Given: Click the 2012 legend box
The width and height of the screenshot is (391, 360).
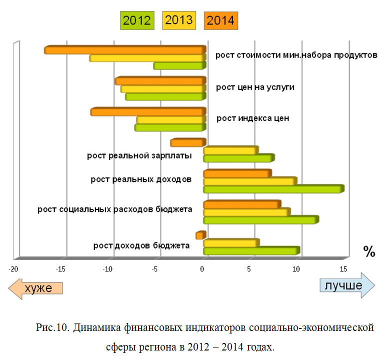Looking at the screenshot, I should (x=136, y=20).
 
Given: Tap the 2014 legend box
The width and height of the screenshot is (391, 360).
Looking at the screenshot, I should (x=221, y=20).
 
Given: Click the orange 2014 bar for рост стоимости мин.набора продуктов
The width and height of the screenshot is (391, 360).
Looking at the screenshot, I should (x=125, y=50).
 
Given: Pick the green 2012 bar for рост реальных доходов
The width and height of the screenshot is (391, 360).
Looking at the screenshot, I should (x=273, y=189).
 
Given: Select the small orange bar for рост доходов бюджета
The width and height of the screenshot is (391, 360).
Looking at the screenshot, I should (x=200, y=235).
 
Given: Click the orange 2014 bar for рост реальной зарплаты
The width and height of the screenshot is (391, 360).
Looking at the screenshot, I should (x=188, y=143).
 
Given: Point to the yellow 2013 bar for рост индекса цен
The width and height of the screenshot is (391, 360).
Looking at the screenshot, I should (x=171, y=120).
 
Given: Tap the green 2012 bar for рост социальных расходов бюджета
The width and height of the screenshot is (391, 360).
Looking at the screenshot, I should (x=260, y=220).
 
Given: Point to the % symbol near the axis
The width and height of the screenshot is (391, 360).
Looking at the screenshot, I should (x=369, y=251).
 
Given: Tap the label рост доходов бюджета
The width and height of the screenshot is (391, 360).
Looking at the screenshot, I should (x=141, y=245).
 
